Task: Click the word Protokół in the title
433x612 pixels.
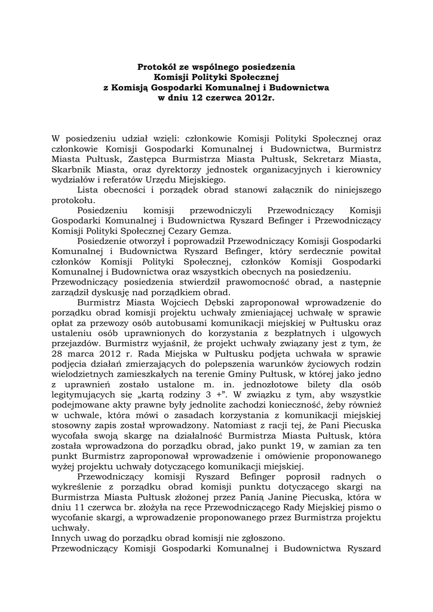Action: [157, 68]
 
